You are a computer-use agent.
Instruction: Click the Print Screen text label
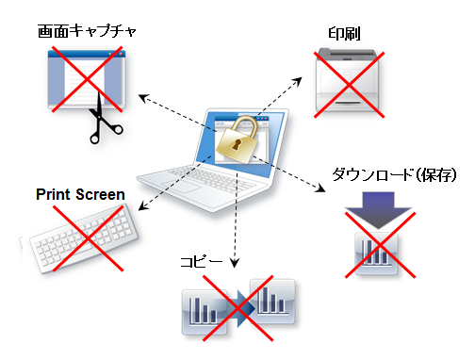(x=80, y=195)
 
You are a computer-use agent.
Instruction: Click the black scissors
(x=96, y=123)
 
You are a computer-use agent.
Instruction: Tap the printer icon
(x=350, y=79)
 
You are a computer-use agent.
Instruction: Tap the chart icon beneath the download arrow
(x=377, y=252)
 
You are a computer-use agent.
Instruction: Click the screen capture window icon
(x=85, y=80)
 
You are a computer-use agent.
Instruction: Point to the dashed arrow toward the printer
(x=287, y=94)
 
